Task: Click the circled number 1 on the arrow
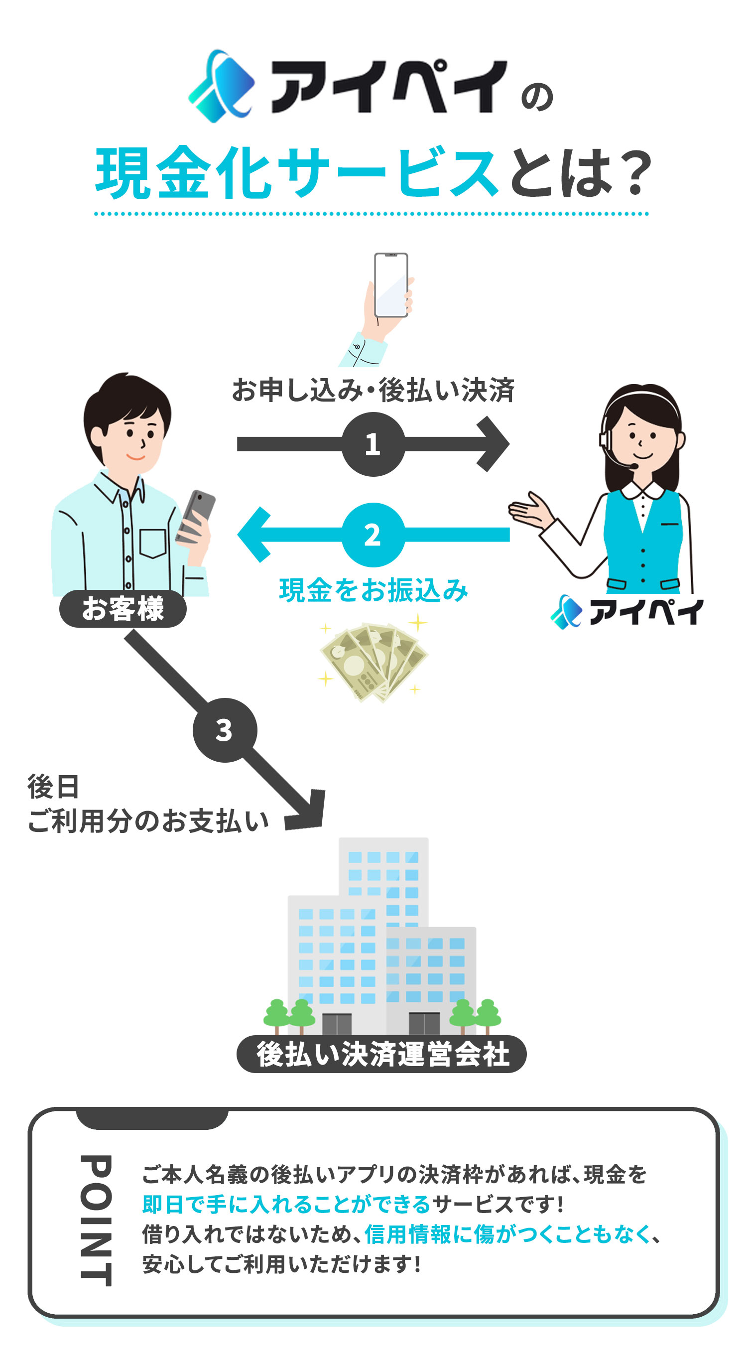pos(373,444)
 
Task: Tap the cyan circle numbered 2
pos(373,535)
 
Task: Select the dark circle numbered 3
pos(225,730)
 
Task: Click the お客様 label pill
pos(123,608)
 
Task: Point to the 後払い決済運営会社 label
pos(381,1054)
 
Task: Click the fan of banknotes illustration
pos(374,663)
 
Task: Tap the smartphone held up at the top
pos(391,285)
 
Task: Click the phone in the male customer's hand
pos(197,514)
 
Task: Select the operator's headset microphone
pos(633,466)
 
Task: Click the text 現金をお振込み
pos(373,590)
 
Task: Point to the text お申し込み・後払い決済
pos(373,391)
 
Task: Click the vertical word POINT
pos(97,1221)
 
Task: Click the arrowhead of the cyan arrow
pos(253,535)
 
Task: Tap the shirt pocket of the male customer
pos(153,542)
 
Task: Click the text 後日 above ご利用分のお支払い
pos(53,786)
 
